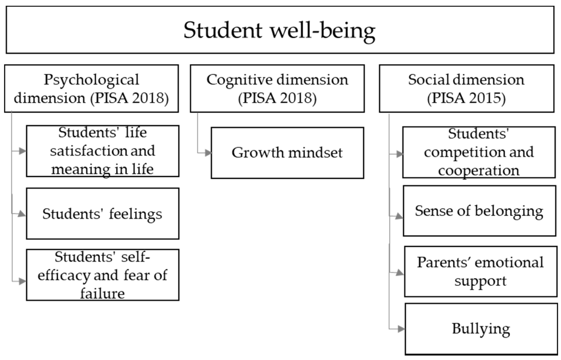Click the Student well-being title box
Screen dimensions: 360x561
tap(280, 30)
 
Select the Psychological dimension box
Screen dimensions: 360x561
tap(91, 89)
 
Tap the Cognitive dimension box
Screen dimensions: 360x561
tap(277, 89)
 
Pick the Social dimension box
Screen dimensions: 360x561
tap(466, 89)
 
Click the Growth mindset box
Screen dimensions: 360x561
tap(287, 153)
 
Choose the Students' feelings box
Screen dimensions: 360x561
tap(102, 214)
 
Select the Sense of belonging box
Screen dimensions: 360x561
tap(479, 211)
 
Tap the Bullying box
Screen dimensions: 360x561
tap(481, 329)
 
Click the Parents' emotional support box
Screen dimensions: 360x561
tap(480, 272)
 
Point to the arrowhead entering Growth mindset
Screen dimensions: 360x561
tap(208, 153)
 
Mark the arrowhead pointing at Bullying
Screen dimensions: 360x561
tap(401, 329)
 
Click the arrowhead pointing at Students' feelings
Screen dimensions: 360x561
tap(22, 214)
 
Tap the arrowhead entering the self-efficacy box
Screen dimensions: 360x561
tap(22, 282)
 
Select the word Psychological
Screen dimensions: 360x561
tap(91, 80)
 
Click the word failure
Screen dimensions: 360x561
tap(102, 294)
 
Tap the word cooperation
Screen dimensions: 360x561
tap(478, 170)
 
